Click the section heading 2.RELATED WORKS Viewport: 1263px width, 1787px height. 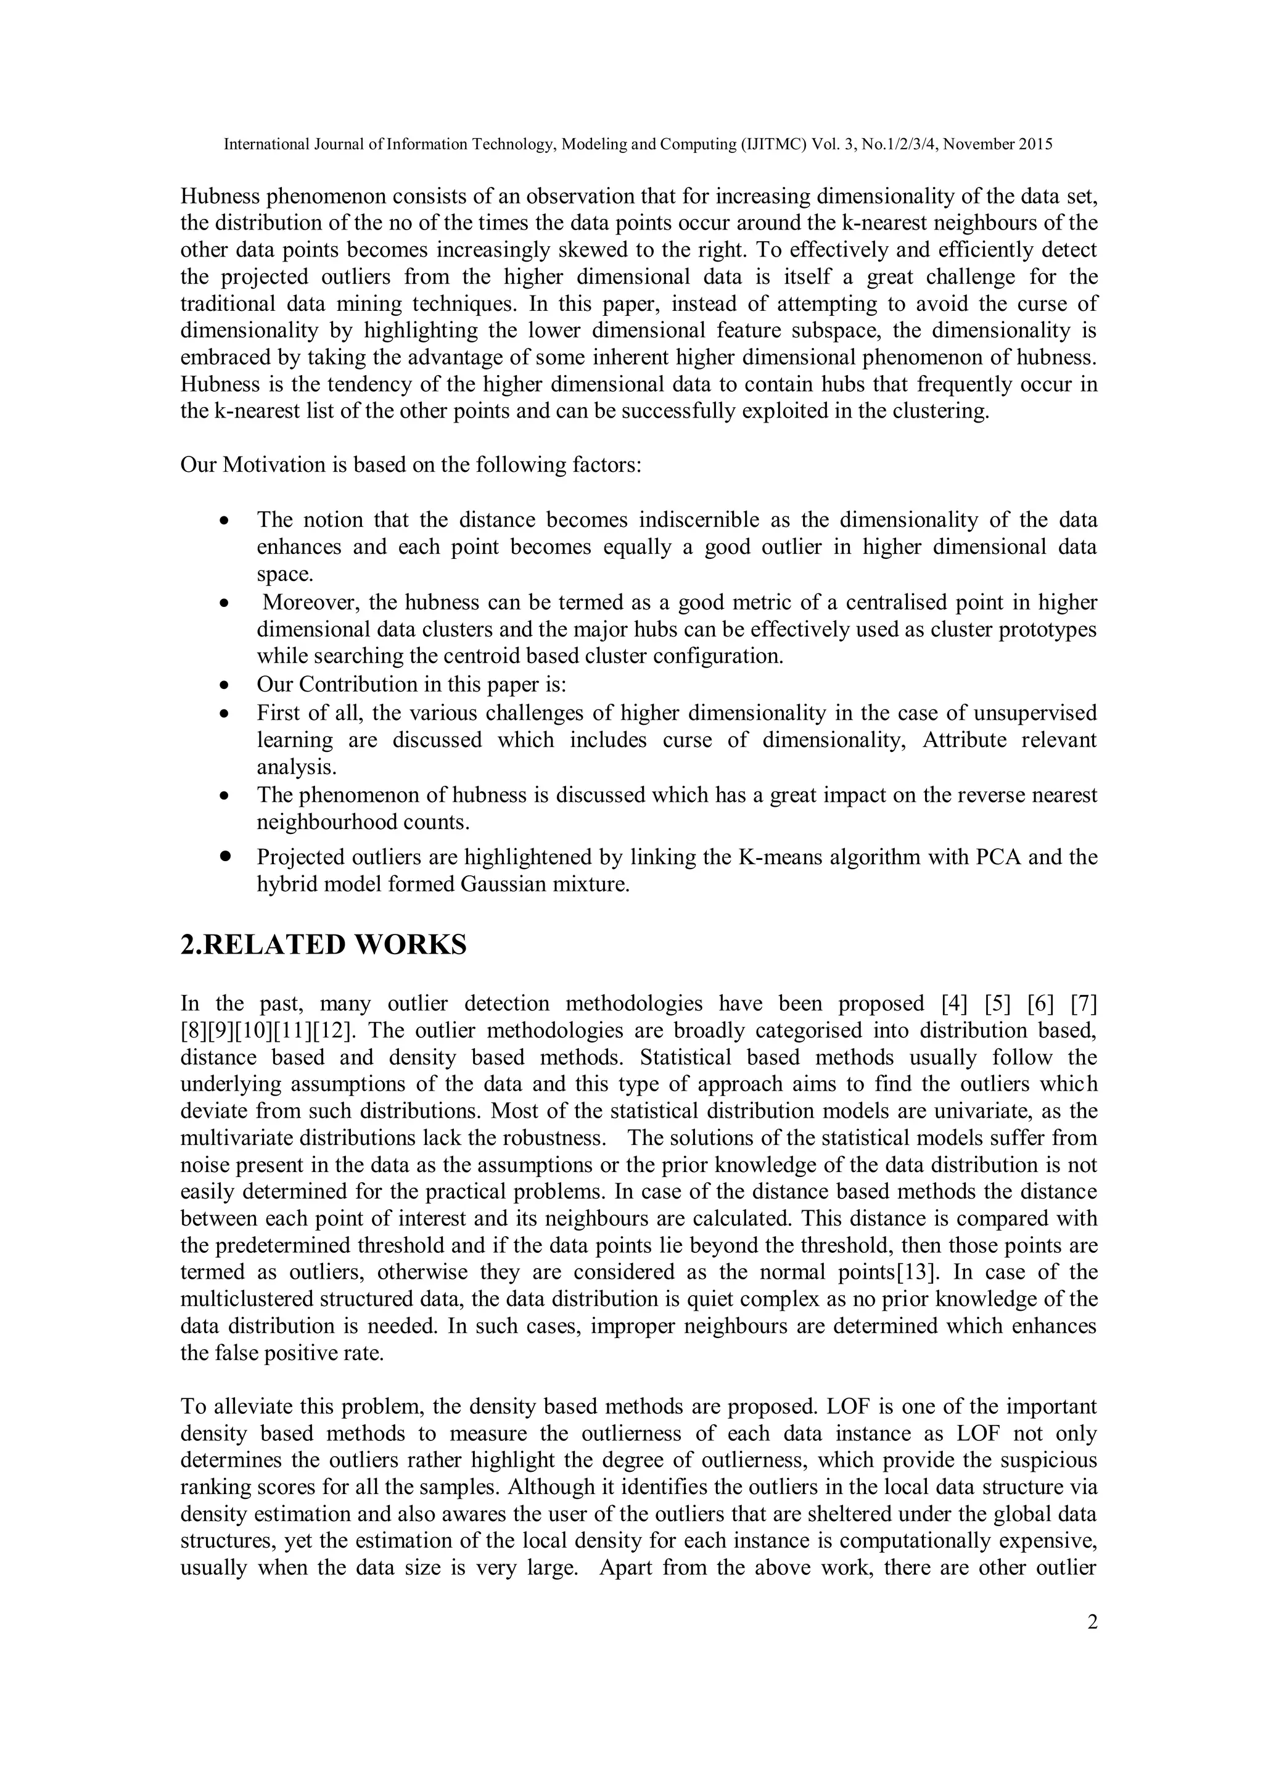(323, 944)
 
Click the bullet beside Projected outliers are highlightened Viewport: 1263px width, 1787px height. (225, 856)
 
